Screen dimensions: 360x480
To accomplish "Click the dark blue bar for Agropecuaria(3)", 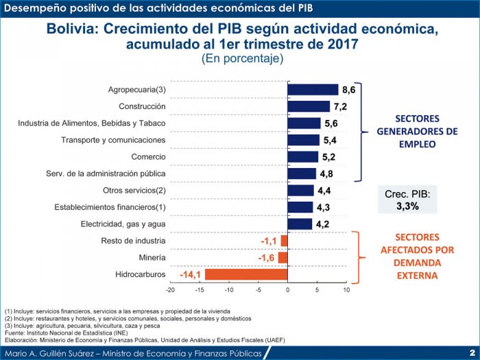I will [x=313, y=90].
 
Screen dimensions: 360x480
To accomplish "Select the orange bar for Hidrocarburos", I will [x=246, y=274].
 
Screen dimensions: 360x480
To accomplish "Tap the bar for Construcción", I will [x=309, y=106].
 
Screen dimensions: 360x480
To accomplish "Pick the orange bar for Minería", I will [x=283, y=258].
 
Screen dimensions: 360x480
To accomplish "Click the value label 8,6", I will [x=349, y=90].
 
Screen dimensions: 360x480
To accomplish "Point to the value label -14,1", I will [x=190, y=275].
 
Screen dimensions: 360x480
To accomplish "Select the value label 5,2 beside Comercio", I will [x=329, y=157].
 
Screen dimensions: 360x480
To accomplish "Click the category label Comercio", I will [x=147, y=157].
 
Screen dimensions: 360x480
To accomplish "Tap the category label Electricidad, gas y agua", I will [x=123, y=224].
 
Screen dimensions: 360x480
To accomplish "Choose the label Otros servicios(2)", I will [x=134, y=191].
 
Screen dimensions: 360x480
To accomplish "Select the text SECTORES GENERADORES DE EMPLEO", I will [x=417, y=131].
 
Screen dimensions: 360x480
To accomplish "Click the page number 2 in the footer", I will [x=472, y=352].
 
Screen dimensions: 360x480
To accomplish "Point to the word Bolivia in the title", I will [x=71, y=30].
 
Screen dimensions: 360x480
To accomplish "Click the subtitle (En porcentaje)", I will [x=242, y=59].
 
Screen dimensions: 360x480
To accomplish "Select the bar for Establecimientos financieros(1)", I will [x=300, y=207].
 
